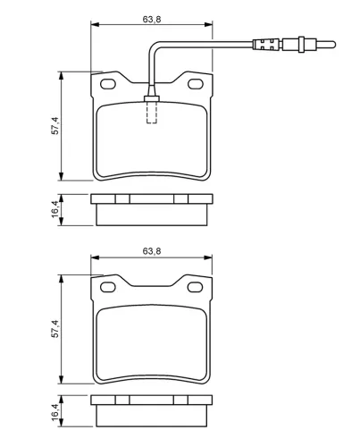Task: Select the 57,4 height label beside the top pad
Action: point(54,126)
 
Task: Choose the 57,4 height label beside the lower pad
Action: point(54,328)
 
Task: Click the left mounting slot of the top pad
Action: point(109,85)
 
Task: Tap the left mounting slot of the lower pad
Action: point(109,287)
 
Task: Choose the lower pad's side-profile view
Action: point(152,409)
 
